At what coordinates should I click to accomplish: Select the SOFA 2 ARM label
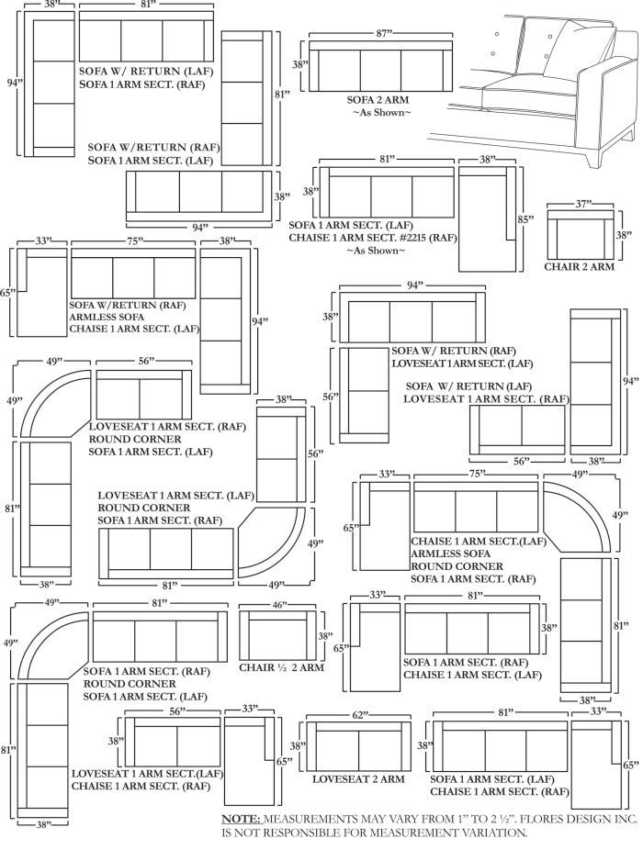pyautogui.click(x=378, y=99)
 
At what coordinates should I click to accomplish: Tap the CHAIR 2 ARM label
pyautogui.click(x=579, y=267)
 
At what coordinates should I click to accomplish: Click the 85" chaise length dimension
pyautogui.click(x=525, y=220)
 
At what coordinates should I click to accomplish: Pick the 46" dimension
pyautogui.click(x=279, y=605)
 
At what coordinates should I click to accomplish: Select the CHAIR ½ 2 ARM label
pyautogui.click(x=281, y=667)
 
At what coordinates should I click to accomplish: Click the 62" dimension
pyautogui.click(x=360, y=714)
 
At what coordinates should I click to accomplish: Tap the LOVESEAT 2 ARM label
pyautogui.click(x=358, y=779)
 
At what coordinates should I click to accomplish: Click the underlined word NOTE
pyautogui.click(x=243, y=818)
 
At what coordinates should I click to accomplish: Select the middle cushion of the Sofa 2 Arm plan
pyautogui.click(x=379, y=69)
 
